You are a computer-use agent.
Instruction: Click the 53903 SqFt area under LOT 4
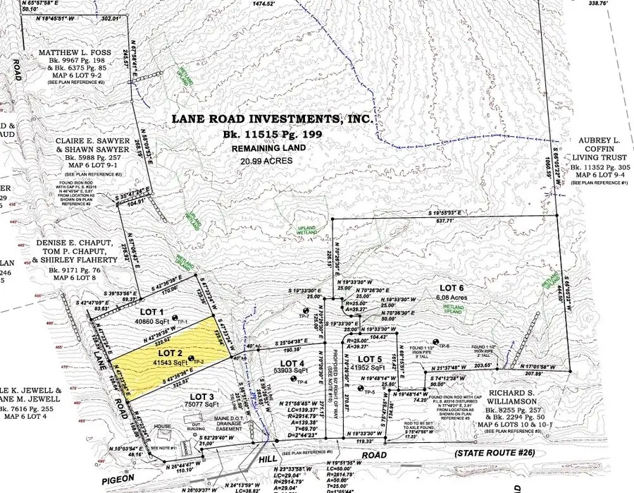[292, 370]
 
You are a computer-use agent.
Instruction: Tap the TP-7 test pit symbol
[305, 311]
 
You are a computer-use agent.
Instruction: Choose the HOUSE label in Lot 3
[164, 427]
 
